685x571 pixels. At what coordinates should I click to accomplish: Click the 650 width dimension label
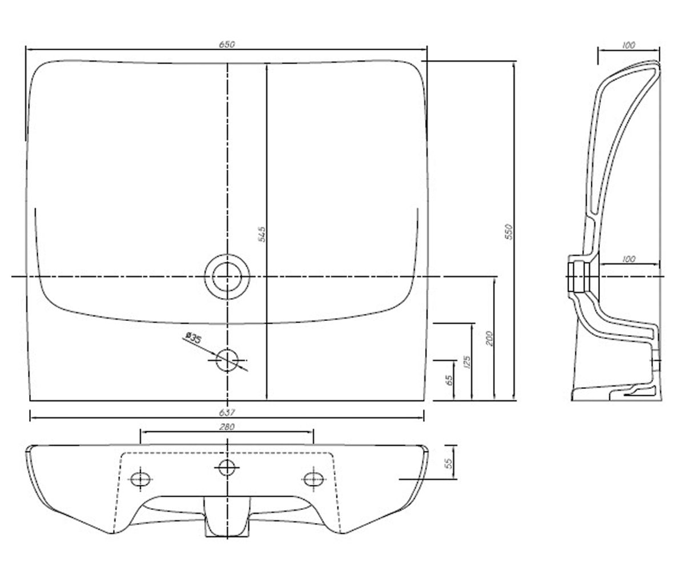pyautogui.click(x=227, y=45)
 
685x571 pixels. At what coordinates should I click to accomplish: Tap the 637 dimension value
pyautogui.click(x=227, y=412)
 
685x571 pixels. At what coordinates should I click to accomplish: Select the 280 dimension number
pyautogui.click(x=227, y=427)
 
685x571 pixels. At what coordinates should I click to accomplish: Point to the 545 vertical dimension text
pyautogui.click(x=262, y=234)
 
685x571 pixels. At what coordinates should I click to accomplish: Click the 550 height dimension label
pyautogui.click(x=509, y=232)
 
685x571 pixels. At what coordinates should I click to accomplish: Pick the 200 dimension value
pyautogui.click(x=489, y=339)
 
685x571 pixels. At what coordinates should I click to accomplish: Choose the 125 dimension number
pyautogui.click(x=467, y=362)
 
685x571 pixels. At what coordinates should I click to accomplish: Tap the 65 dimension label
pyautogui.click(x=449, y=380)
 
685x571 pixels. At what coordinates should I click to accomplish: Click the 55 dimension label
pyautogui.click(x=449, y=463)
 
